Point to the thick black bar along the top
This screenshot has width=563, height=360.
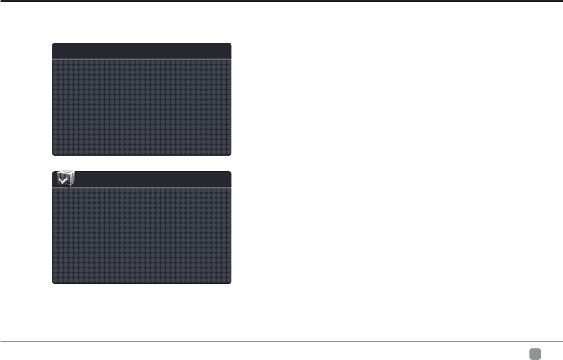pos(281,1)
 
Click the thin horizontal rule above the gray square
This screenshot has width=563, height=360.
pos(281,342)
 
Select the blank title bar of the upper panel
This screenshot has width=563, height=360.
pos(142,51)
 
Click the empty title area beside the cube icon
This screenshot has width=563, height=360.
pos(153,179)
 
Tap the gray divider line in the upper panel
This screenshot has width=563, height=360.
pos(142,59)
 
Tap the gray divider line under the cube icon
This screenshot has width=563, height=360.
pos(142,187)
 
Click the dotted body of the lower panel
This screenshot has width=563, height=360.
pos(142,236)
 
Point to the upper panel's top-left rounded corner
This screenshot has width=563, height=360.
pos(53,44)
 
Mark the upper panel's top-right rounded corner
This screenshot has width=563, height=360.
pos(230,44)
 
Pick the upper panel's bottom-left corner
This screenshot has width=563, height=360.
pos(53,154)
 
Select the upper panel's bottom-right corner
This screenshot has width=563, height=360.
pos(230,154)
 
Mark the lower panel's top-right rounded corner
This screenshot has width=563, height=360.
pos(230,173)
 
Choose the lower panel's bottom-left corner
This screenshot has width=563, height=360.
pos(53,283)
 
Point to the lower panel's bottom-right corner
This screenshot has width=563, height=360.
pos(230,283)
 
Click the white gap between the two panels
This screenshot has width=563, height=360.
pos(142,163)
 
